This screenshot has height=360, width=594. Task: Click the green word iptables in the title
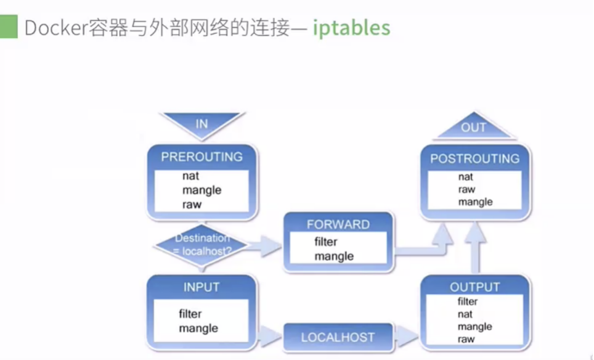point(351,28)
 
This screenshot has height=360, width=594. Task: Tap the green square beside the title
point(9,27)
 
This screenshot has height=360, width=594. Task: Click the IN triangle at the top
point(202,123)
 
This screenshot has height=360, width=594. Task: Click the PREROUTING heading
point(201,157)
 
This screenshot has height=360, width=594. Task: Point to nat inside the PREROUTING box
point(190,176)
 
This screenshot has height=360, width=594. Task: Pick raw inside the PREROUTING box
point(192,204)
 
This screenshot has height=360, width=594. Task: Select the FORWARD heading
point(338,224)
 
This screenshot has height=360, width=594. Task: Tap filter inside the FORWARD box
point(325,242)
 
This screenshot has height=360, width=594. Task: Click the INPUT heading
point(201,287)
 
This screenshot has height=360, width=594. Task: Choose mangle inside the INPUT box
point(198,329)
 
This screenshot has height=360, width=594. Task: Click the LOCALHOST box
point(338,337)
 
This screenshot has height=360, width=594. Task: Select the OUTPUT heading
point(474,287)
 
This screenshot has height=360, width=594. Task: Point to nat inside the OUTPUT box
point(465,314)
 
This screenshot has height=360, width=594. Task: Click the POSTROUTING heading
point(474,158)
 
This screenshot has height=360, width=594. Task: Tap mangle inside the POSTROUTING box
point(474,202)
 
